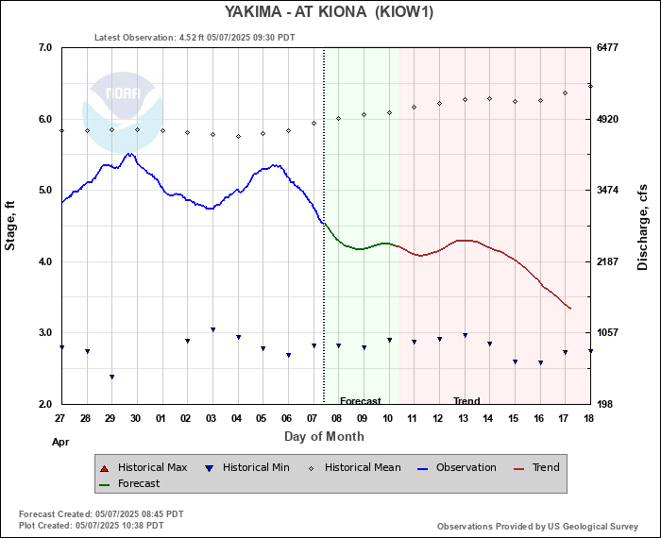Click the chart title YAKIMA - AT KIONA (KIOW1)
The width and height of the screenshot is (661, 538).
[330, 12]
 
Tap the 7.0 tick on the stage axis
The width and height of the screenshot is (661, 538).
[43, 47]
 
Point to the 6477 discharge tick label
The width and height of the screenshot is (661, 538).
[608, 47]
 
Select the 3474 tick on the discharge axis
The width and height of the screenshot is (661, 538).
[608, 190]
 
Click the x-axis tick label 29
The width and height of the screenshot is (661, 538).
[110, 418]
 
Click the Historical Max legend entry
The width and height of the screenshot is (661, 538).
[150, 467]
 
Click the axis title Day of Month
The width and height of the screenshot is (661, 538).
[324, 436]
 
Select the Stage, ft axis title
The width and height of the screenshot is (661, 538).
[11, 226]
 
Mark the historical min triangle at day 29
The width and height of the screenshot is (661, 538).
[111, 377]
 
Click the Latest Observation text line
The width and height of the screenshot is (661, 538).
[195, 38]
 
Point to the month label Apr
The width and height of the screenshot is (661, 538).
[59, 441]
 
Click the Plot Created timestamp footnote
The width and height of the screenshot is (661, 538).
[91, 524]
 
